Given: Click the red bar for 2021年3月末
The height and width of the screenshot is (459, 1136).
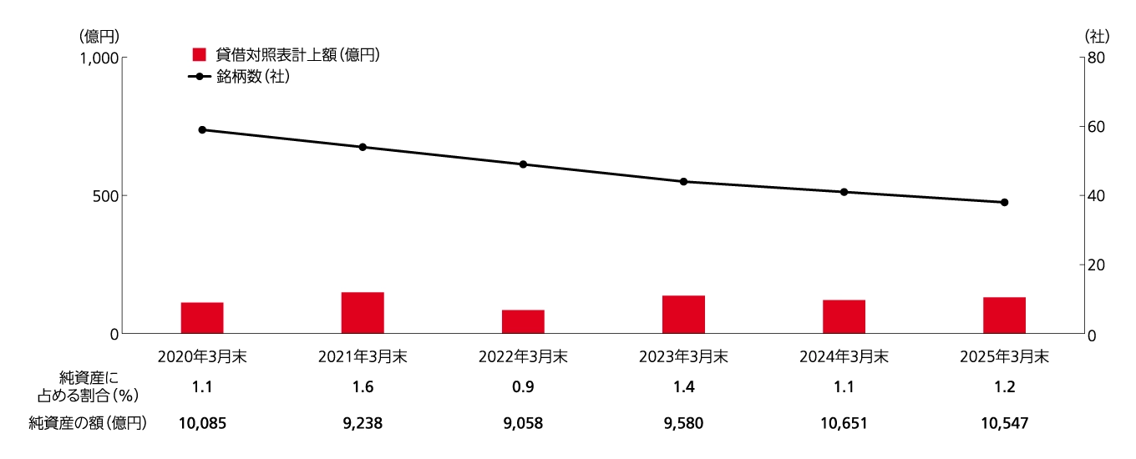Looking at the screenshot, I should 363,313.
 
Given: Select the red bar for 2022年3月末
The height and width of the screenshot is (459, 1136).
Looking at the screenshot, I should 523,321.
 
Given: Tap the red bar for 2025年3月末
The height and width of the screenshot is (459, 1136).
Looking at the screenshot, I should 1004,315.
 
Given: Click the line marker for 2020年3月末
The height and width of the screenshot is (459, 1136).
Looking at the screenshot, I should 202,130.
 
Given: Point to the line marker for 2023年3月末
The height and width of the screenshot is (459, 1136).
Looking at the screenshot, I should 683,182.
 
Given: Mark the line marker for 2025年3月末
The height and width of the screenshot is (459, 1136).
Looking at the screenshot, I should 1004,202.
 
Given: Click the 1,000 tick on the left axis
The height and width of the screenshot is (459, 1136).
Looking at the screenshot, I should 99,58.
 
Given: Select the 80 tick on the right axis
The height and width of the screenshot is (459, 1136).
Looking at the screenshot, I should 1095,58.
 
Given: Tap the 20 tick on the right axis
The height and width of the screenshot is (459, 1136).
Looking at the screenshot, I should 1095,265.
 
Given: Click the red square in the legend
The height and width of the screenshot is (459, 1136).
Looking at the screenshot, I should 199,55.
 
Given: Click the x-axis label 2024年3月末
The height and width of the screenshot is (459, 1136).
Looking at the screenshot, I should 844,356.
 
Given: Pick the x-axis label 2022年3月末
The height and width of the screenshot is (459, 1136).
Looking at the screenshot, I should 523,356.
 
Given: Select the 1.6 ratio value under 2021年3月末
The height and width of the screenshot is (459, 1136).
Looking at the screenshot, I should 363,387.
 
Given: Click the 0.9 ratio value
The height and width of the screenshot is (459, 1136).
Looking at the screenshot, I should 523,387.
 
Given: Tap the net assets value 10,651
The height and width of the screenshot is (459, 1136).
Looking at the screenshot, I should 844,423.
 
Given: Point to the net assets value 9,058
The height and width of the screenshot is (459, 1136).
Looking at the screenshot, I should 523,423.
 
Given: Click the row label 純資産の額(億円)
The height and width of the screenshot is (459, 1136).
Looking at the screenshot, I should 88,423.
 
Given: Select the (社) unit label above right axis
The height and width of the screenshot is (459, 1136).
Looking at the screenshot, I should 1096,36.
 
